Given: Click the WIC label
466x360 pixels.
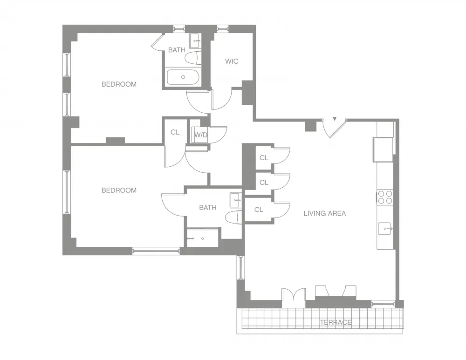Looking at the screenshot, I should pos(232,61).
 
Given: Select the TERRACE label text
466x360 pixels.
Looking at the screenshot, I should pos(336,322).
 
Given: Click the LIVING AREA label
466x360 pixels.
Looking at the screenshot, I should pos(325,213).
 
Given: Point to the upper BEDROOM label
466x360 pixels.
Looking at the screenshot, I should pos(119,84).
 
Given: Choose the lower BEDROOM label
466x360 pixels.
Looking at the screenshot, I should pos(119,190).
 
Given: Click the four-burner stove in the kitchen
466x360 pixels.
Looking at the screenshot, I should pos(384,197).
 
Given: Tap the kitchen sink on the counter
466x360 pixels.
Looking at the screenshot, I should pos(385,229).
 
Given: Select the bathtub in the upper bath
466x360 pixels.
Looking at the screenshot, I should pos(183,77).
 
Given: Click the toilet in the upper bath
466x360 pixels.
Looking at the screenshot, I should pos(192,58).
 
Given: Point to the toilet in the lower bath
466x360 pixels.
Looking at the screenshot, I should pos(233,217).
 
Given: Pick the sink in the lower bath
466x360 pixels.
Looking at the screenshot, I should pos(235,201).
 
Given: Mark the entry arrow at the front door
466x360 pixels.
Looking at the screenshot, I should pos(334,120).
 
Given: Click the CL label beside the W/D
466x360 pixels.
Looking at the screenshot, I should pos(175,132).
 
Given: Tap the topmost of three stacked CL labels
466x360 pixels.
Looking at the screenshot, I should pos(264,158).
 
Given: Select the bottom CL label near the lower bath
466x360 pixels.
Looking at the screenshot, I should pos(259,210).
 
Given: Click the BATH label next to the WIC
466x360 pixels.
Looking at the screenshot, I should pos(177,50).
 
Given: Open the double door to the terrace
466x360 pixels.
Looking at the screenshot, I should pos(294,297).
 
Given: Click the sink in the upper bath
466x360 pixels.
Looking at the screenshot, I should pos(196,39).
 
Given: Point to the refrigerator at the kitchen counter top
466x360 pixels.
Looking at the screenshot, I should pos(383,149).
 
